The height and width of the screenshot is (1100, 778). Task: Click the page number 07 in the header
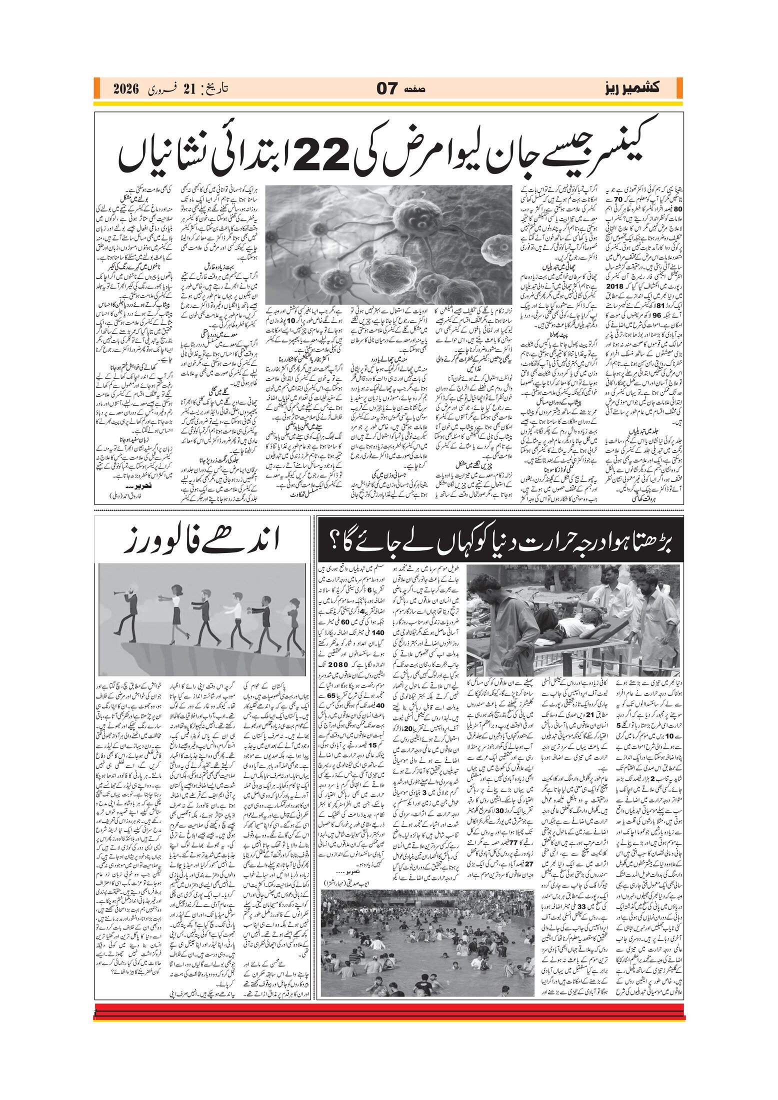click(387, 89)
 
